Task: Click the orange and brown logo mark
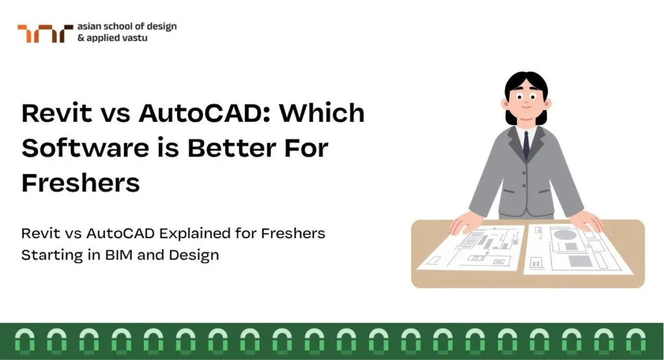click(45, 34)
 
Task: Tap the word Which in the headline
click(322, 113)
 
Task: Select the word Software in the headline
click(85, 148)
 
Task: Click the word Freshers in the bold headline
click(80, 183)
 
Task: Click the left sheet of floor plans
click(471, 248)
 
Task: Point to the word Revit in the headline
click(57, 113)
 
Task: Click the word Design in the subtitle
click(194, 256)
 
